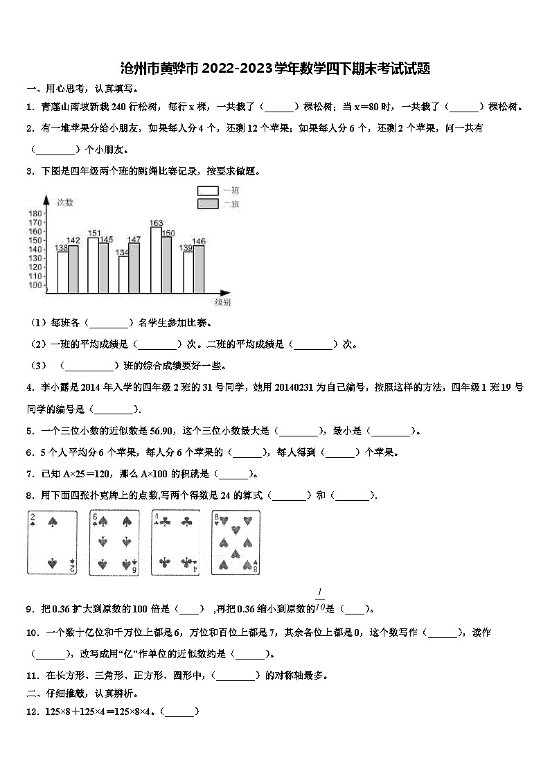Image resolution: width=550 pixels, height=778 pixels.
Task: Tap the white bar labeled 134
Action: coord(123,274)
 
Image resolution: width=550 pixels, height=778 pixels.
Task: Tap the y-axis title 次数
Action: coord(65,202)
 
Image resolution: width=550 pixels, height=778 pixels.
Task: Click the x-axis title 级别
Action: coord(222,302)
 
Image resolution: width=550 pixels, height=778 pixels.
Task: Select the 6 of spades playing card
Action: coord(114,542)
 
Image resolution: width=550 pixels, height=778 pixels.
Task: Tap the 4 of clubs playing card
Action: coord(175,542)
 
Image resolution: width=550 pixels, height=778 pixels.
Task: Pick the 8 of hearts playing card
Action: coord(236,542)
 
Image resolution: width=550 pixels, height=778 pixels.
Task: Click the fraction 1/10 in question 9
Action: coord(320,600)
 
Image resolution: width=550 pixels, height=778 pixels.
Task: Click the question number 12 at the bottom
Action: coord(30,711)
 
